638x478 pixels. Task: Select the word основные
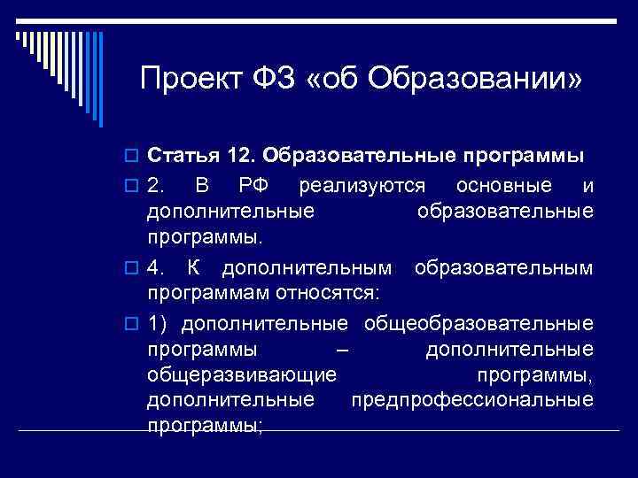(502, 186)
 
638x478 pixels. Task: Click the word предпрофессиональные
(472, 399)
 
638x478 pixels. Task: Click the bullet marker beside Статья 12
(133, 158)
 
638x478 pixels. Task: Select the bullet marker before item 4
(133, 266)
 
